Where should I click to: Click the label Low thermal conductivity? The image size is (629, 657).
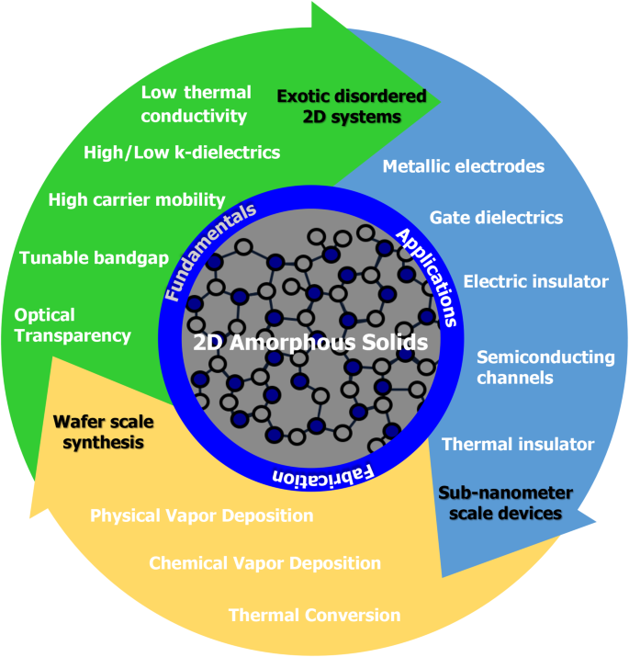[x=196, y=104]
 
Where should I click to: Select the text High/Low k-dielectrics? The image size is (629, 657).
[x=181, y=152]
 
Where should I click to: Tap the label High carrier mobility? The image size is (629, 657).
[x=137, y=199]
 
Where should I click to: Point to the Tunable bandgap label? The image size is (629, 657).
[x=95, y=257]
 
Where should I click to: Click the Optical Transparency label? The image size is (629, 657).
[x=73, y=325]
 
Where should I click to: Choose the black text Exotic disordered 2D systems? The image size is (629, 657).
[x=352, y=106]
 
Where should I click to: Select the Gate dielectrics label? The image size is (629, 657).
[x=496, y=218]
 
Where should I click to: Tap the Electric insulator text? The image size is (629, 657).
[x=535, y=280]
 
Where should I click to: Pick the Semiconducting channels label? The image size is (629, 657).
[x=545, y=367]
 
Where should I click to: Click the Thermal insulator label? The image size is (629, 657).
[x=518, y=444]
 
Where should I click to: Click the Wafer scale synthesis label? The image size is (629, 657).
[x=102, y=433]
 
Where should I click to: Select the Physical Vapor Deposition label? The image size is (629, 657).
[x=201, y=515]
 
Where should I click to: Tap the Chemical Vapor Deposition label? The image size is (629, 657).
[x=264, y=562]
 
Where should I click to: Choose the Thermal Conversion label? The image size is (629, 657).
[x=314, y=615]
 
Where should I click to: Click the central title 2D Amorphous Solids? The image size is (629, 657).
[x=310, y=343]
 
